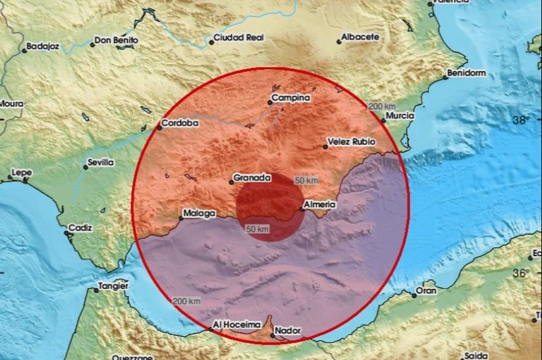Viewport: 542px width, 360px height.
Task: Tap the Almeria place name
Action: pyautogui.click(x=321, y=205)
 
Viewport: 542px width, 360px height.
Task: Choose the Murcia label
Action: pyautogui.click(x=401, y=116)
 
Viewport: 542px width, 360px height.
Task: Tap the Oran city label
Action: pyautogui.click(x=426, y=290)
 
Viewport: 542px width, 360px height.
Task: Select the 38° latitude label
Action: pyautogui.click(x=522, y=120)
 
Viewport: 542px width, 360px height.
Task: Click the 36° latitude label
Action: pyautogui.click(x=522, y=272)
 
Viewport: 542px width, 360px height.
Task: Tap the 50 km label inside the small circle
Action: pyautogui.click(x=257, y=228)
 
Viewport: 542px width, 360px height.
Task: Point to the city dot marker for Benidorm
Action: pyautogui.click(x=445, y=77)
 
